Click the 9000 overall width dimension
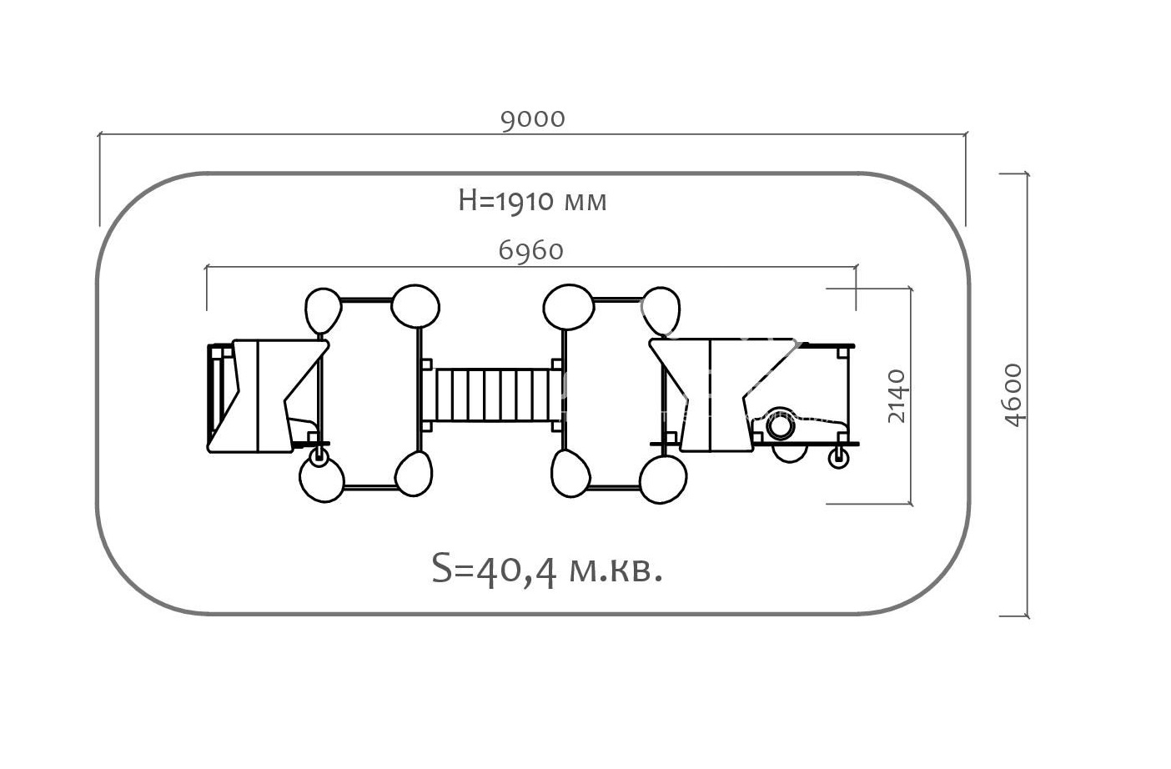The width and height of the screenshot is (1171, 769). coord(533,119)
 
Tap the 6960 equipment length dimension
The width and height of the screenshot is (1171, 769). coord(530,250)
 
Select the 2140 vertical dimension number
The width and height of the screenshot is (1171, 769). coord(897,395)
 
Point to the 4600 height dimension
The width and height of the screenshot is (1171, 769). coord(1013,395)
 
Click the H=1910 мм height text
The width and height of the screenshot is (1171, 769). coord(532,201)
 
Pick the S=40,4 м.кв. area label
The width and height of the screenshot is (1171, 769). coord(547,570)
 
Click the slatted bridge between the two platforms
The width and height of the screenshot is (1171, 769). coord(494,395)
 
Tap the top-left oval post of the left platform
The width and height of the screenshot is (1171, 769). coord(323,310)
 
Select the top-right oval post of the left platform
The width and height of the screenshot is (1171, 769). coord(415,306)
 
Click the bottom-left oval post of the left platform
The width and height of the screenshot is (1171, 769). coord(322,480)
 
